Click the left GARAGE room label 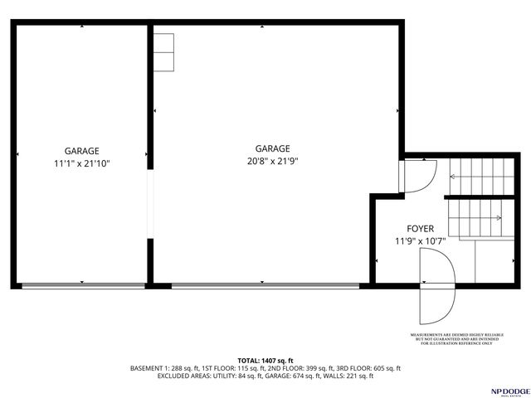(82, 151)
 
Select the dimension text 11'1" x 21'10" (82, 164)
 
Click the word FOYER (421, 228)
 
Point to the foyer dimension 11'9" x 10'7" (421, 241)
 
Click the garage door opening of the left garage (82, 286)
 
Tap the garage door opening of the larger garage (265, 286)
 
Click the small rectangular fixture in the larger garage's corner (163, 51)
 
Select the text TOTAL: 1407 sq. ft (265, 360)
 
